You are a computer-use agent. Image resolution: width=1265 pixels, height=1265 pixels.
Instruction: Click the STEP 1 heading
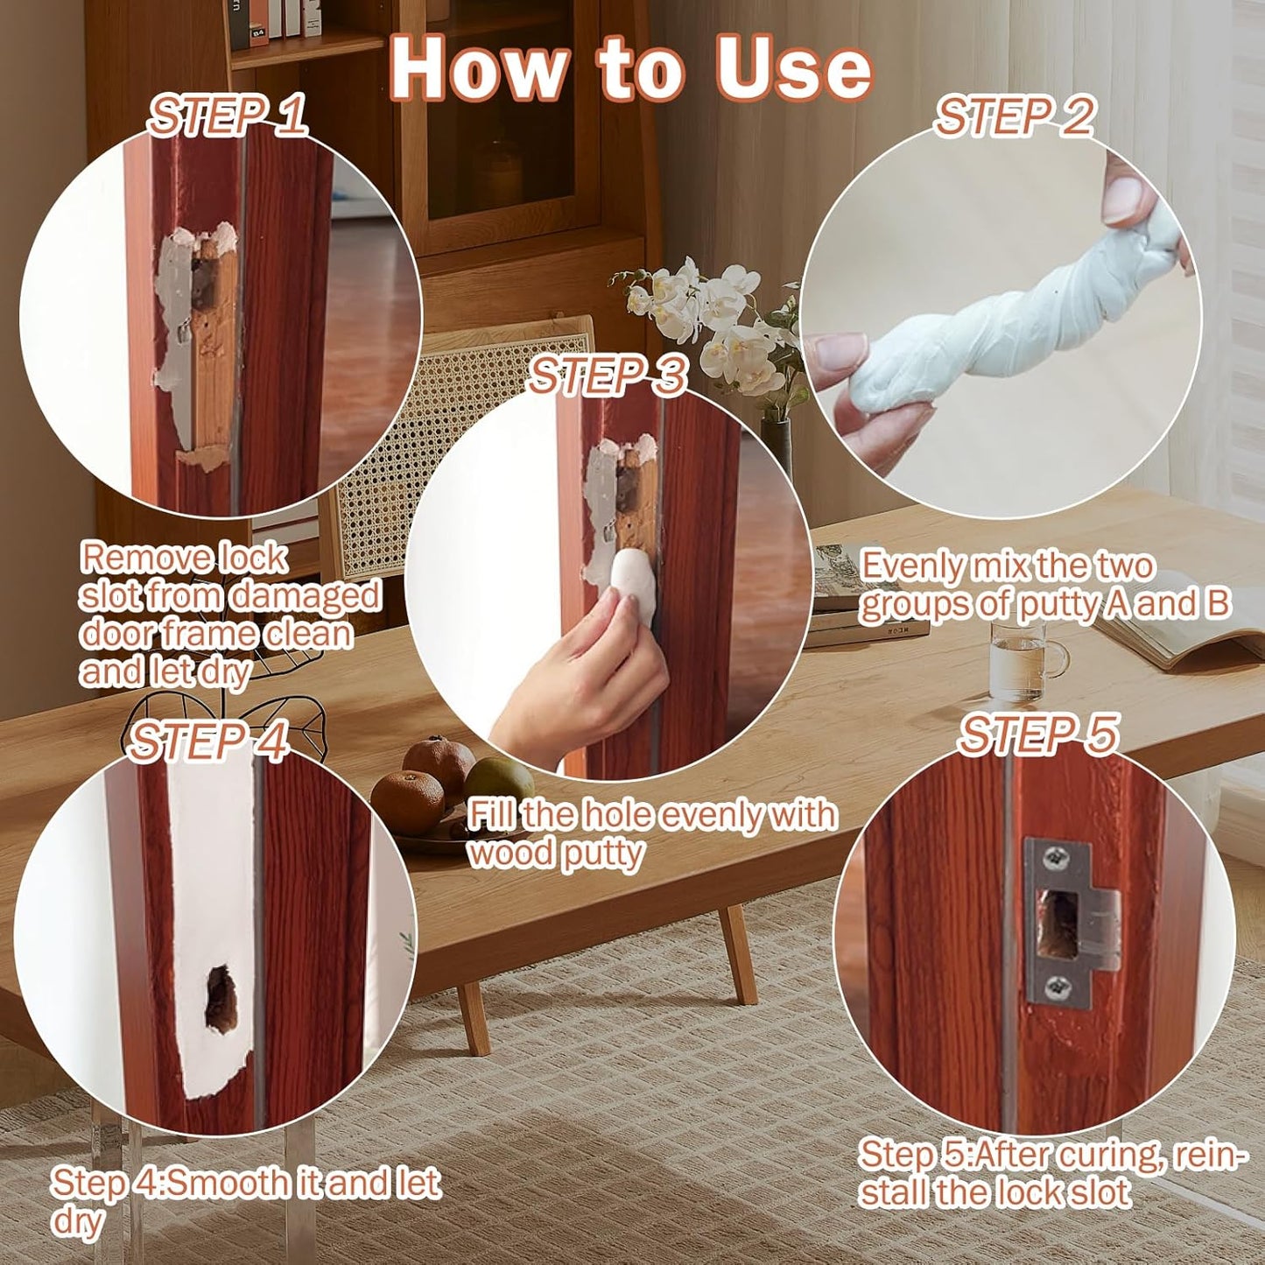(x=228, y=116)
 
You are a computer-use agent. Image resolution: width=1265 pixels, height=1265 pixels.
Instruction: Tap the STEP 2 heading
(x=1015, y=116)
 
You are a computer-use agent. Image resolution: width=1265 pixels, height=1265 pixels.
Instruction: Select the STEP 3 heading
(x=608, y=376)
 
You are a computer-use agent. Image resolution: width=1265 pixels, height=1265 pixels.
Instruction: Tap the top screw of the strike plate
(x=1051, y=855)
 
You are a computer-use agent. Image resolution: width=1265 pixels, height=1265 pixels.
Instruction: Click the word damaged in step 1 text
(x=306, y=597)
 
